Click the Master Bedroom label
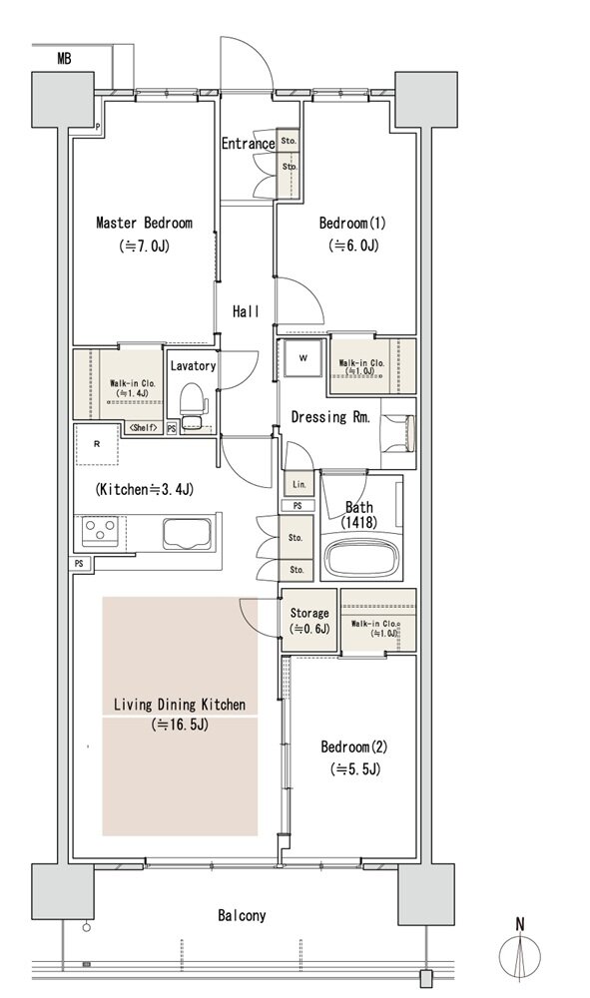point(144,223)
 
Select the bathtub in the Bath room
point(361,558)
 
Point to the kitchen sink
point(187,533)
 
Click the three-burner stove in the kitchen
point(101,532)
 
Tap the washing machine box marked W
point(302,359)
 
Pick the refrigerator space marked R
point(97,445)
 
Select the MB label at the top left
point(64,59)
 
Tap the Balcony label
point(242,916)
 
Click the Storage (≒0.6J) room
point(309,621)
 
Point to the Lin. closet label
point(299,484)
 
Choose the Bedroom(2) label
point(353,747)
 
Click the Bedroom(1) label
point(352,224)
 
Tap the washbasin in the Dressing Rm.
point(399,433)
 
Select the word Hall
point(246,311)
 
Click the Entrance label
point(248,144)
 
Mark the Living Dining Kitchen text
point(180,705)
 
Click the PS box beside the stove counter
point(79,563)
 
